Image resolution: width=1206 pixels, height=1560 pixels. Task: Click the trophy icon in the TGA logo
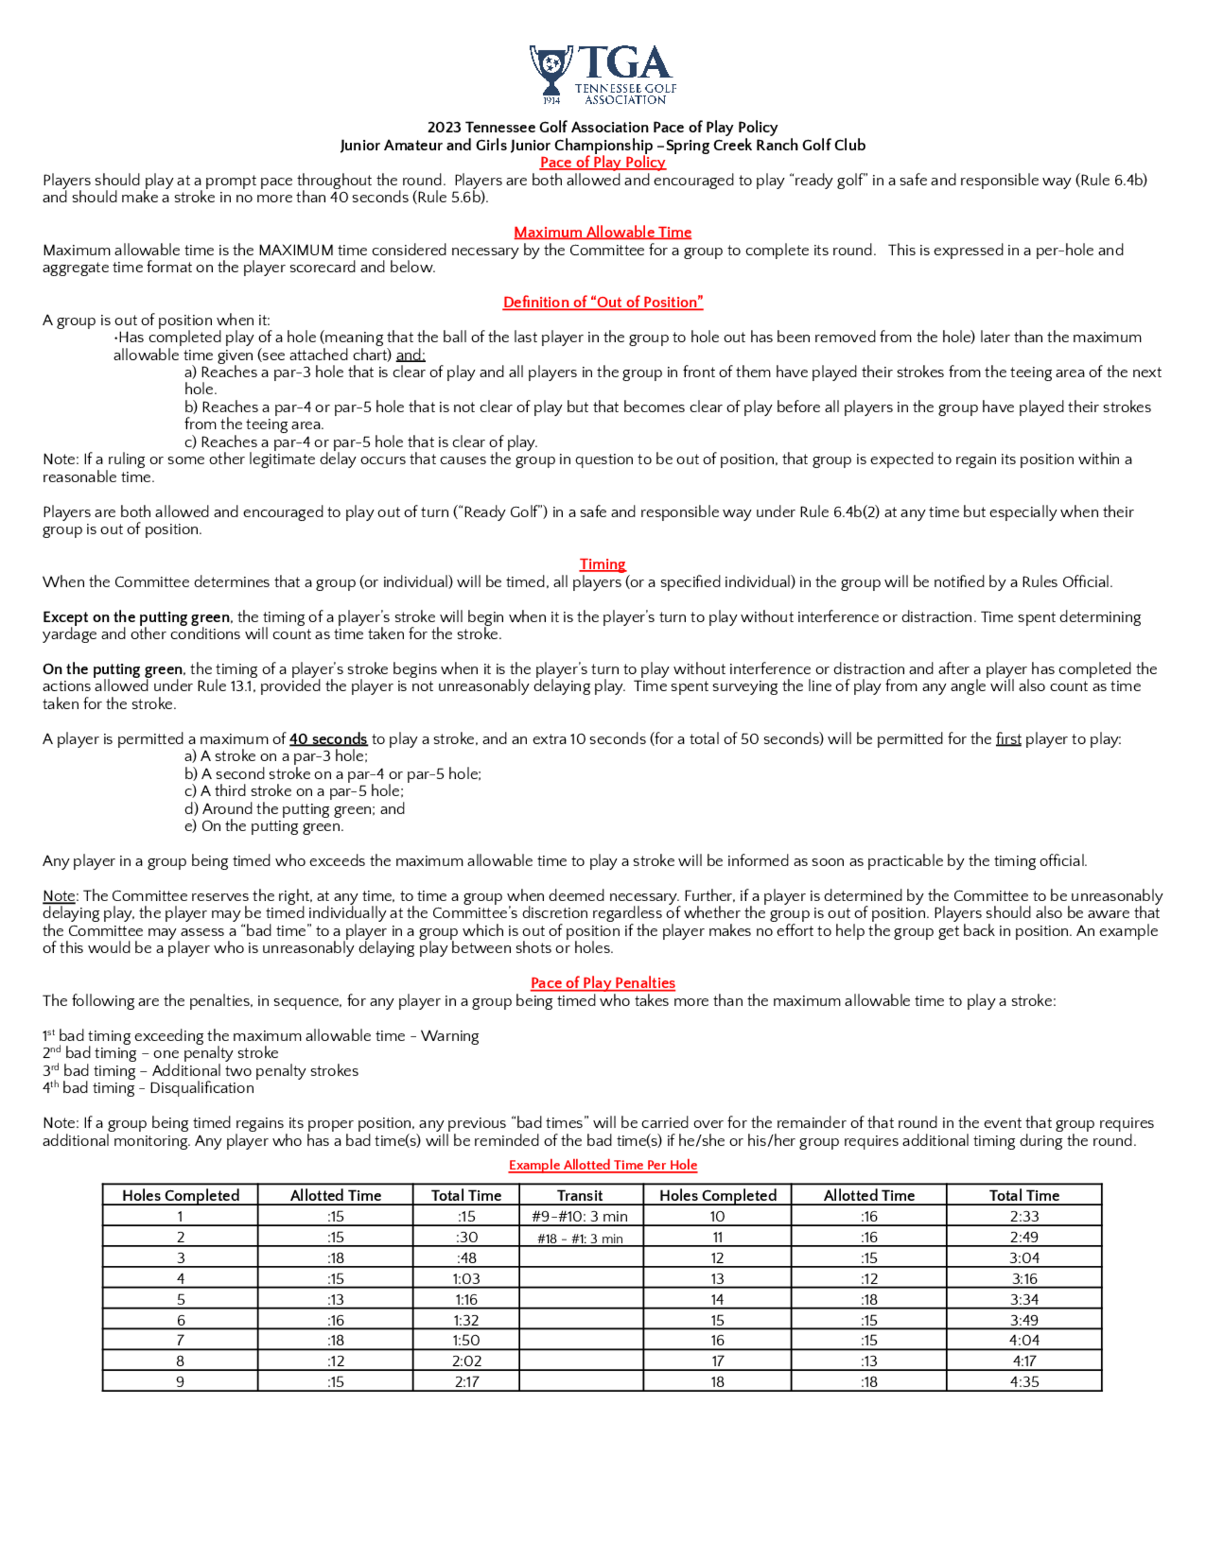(x=551, y=70)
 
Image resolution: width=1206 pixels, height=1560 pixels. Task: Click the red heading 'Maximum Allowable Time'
(x=602, y=232)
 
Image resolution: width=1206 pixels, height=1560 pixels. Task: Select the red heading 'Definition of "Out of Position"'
(x=602, y=302)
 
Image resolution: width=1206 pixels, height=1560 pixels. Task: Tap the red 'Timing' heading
(x=602, y=564)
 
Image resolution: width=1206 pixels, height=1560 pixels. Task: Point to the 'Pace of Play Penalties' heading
(x=602, y=983)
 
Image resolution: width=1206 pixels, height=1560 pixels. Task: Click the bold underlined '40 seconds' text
(x=328, y=738)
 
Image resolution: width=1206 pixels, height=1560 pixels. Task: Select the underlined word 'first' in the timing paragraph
(x=1008, y=738)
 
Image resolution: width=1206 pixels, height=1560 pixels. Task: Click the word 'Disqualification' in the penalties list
(x=201, y=1088)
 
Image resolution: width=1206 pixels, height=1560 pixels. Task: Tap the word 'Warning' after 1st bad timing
(x=449, y=1036)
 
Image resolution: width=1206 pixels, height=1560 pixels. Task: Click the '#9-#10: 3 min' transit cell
(x=580, y=1216)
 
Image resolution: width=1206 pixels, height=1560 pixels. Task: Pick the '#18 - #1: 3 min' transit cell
(x=580, y=1238)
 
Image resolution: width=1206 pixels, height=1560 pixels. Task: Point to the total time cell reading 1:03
(x=467, y=1279)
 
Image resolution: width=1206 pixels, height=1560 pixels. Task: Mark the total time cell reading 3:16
(x=1024, y=1279)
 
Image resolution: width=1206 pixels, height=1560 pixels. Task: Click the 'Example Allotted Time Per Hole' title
(x=602, y=1165)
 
